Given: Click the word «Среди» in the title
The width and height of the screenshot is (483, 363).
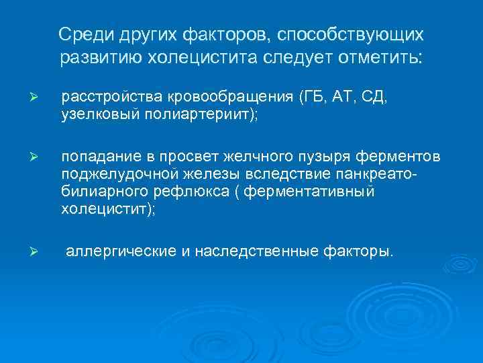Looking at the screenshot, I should point(80,34).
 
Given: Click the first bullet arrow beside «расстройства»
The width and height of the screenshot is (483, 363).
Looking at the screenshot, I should point(40,98).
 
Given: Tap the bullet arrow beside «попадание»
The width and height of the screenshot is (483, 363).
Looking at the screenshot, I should point(40,157).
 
